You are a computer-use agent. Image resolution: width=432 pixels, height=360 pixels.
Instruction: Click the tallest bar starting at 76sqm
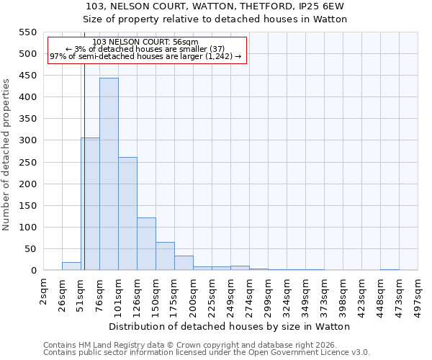[x=109, y=174]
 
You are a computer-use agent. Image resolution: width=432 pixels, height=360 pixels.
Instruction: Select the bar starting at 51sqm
[x=90, y=204]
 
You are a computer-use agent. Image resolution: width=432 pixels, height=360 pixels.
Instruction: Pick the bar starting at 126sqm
[x=146, y=244]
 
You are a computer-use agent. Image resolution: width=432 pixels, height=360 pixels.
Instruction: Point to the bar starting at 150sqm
[x=165, y=256]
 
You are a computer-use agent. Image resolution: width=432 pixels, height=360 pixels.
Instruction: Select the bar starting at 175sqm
[x=184, y=263]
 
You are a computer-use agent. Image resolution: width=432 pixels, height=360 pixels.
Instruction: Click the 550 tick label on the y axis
[x=27, y=32]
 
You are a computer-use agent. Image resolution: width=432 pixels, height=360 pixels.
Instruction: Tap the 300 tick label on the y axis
[x=27, y=140]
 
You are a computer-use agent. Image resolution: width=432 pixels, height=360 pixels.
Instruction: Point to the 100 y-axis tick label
[x=27, y=228]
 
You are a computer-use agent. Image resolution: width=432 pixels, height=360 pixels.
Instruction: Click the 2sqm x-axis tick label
[x=44, y=291]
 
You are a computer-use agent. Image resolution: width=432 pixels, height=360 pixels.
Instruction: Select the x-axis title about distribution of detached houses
[x=230, y=326]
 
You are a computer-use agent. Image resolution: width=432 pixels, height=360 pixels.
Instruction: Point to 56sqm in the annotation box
[x=185, y=42]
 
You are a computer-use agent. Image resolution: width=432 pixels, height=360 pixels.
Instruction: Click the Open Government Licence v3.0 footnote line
[x=207, y=352]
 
